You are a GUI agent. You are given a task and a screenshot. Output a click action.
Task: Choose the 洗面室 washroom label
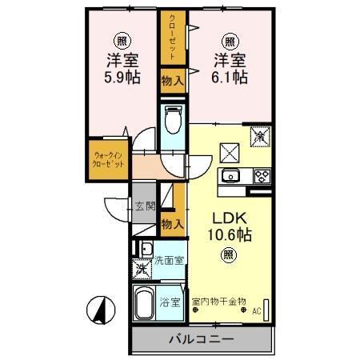(x=169, y=260)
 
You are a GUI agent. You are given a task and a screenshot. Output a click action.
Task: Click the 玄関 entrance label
(x=144, y=206)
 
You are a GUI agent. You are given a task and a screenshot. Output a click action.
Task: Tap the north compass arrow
(x=101, y=309)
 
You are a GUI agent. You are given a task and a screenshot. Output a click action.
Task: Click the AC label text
(x=257, y=311)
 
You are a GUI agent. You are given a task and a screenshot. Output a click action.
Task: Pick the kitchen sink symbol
(x=233, y=176)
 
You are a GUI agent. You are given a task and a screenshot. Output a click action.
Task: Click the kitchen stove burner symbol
(x=261, y=176)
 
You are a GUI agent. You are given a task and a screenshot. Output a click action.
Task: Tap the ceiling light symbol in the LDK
(x=229, y=255)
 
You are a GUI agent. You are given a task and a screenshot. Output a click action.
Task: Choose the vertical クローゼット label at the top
(x=173, y=36)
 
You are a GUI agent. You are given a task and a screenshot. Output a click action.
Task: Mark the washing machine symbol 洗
(x=142, y=269)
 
